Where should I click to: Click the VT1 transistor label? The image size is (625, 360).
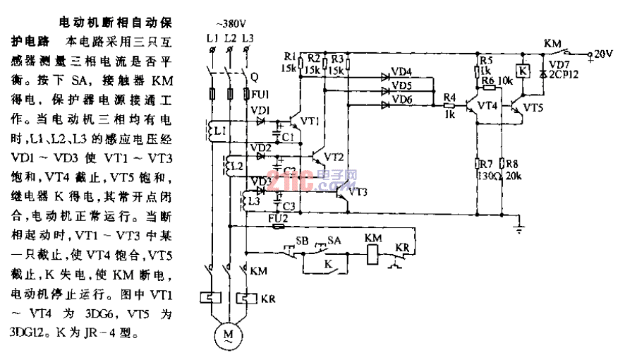coord(310,121)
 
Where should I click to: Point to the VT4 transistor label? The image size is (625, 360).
coord(487,105)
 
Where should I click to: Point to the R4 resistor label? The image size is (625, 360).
coord(449,97)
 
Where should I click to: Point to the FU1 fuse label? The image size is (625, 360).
coord(259,95)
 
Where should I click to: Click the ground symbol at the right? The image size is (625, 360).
coord(520,227)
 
